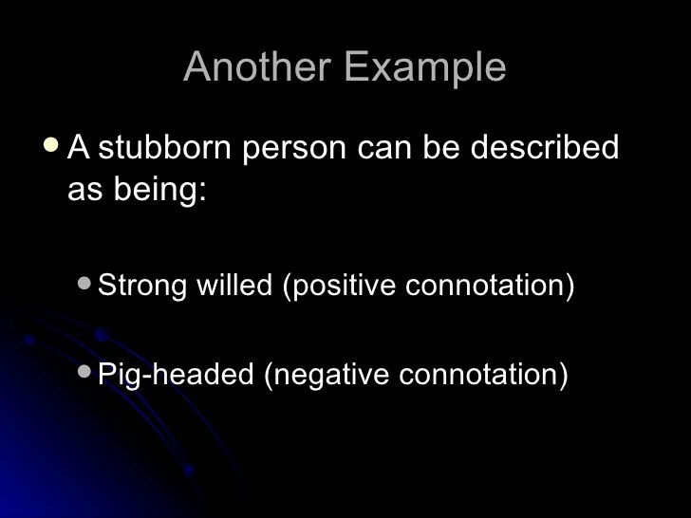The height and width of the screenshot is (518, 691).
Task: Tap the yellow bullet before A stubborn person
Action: pos(51,145)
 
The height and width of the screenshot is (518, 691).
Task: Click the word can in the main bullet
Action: pos(384,148)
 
